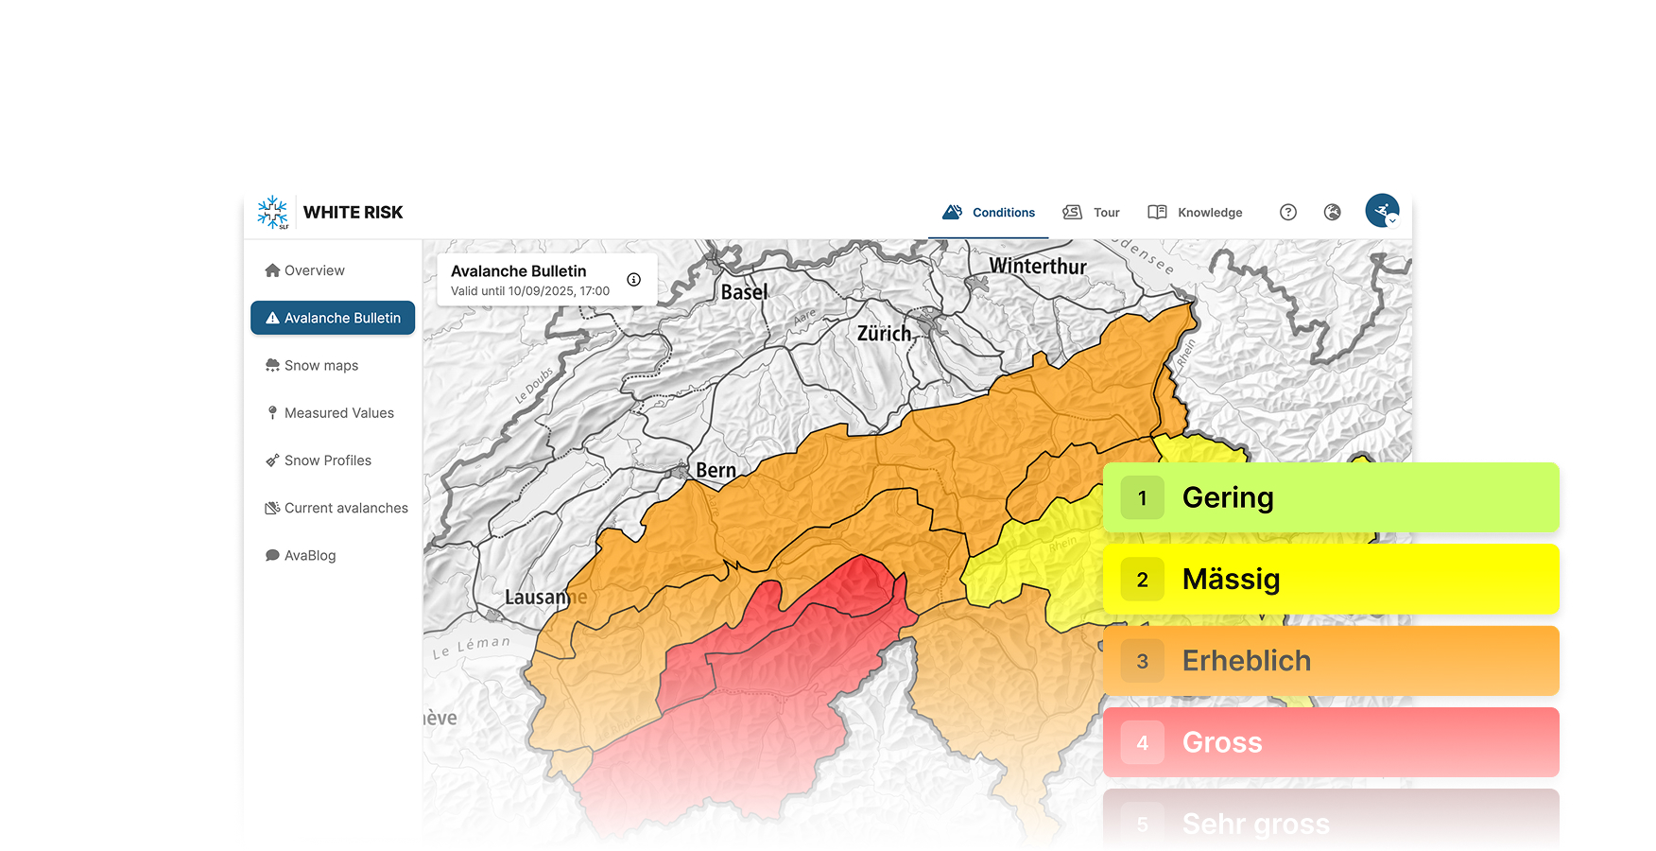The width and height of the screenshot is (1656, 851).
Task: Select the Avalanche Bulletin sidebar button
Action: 333,318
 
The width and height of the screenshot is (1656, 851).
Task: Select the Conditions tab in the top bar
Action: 990,213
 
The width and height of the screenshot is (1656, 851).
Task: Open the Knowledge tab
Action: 1196,213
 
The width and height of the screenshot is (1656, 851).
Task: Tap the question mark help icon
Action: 1288,213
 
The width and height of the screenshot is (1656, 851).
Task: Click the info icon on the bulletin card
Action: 634,280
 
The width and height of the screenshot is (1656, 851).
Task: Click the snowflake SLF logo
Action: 273,213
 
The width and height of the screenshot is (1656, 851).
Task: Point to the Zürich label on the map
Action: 884,334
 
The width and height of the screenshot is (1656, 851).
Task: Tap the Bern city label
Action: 716,470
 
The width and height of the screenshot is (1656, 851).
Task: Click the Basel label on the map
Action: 744,292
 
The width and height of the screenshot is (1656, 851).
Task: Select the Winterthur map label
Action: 1038,267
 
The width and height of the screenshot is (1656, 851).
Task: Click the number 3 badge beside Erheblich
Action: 1142,661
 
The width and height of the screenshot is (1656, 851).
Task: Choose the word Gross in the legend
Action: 1222,742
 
